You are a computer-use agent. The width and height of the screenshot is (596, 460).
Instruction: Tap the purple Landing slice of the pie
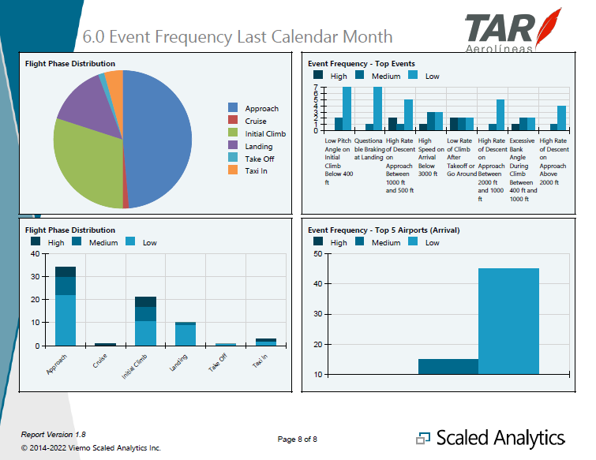click(x=83, y=103)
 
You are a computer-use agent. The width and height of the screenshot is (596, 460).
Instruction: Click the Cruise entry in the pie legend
click(x=255, y=121)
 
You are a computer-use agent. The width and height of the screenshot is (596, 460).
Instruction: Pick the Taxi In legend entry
click(x=255, y=171)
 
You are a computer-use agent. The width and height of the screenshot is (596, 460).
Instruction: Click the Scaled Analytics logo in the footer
click(x=491, y=438)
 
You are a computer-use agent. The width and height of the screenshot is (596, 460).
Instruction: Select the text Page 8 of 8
click(x=298, y=439)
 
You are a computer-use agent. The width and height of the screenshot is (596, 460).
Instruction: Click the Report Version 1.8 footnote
click(x=53, y=435)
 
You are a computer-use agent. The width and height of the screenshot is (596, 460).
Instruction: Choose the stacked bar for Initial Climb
click(x=145, y=321)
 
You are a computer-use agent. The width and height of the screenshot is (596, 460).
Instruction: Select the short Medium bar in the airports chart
click(x=448, y=367)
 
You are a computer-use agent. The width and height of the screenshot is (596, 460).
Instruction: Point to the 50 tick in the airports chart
click(x=316, y=254)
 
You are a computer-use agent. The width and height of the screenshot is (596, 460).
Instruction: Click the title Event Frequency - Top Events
click(x=362, y=64)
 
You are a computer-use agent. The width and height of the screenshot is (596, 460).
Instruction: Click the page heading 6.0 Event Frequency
click(x=238, y=37)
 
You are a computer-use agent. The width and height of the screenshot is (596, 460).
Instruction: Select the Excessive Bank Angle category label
click(x=522, y=165)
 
